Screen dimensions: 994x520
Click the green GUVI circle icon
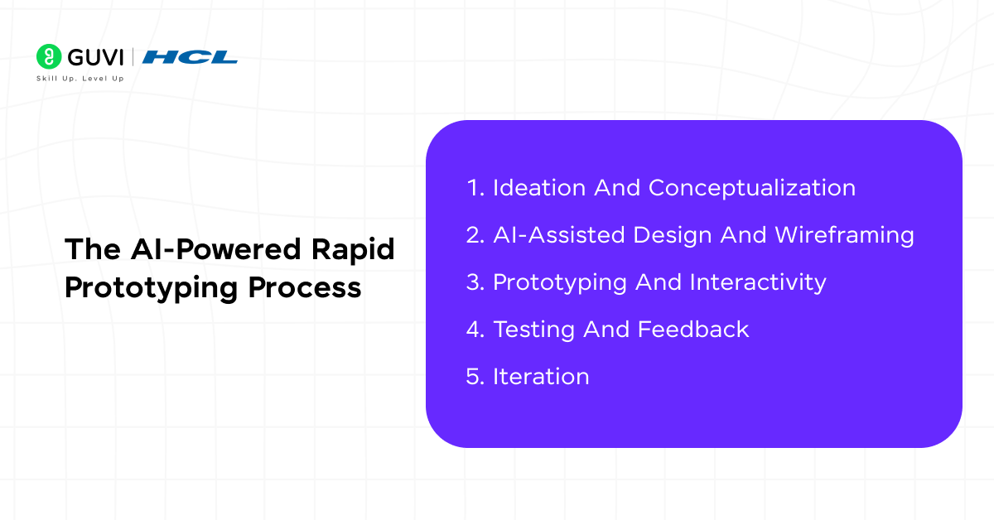click(x=49, y=56)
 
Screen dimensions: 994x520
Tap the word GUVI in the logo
click(x=95, y=57)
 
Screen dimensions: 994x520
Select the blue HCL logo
click(x=190, y=57)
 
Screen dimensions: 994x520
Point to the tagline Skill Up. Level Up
click(x=80, y=79)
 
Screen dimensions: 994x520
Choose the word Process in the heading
click(x=305, y=288)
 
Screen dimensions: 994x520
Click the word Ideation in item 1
click(x=539, y=188)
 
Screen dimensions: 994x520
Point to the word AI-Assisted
click(x=559, y=235)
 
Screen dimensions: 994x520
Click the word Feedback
click(x=693, y=330)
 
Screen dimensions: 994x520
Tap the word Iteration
click(x=541, y=377)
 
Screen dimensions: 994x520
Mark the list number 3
click(x=475, y=282)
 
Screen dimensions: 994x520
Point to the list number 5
click(x=475, y=377)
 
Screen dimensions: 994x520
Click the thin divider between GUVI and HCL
click(x=133, y=57)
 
